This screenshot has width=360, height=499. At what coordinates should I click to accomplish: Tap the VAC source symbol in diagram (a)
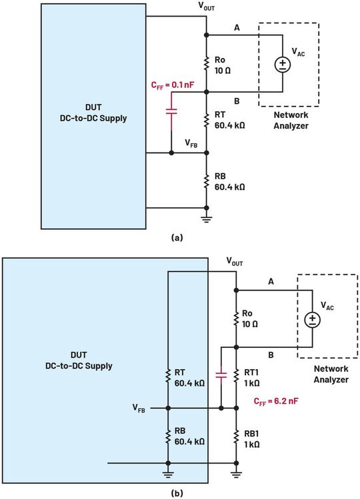pyautogui.click(x=282, y=65)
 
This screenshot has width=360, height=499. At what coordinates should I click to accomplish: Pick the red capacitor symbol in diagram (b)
pyautogui.click(x=220, y=375)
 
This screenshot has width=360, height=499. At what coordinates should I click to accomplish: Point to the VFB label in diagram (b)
pyautogui.click(x=139, y=407)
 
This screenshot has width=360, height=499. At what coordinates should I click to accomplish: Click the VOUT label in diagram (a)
pyautogui.click(x=208, y=7)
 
